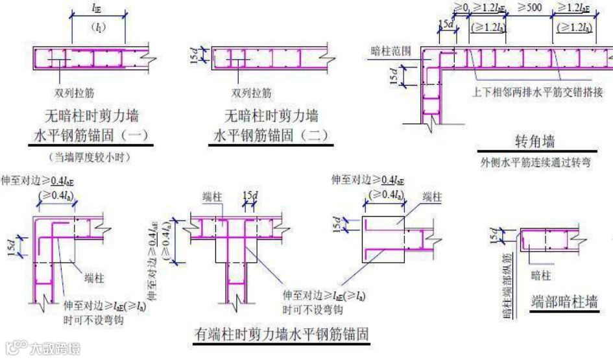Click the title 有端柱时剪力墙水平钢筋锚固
pos(282,335)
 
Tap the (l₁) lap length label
pos(99,28)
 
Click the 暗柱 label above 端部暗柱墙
pos(540,276)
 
